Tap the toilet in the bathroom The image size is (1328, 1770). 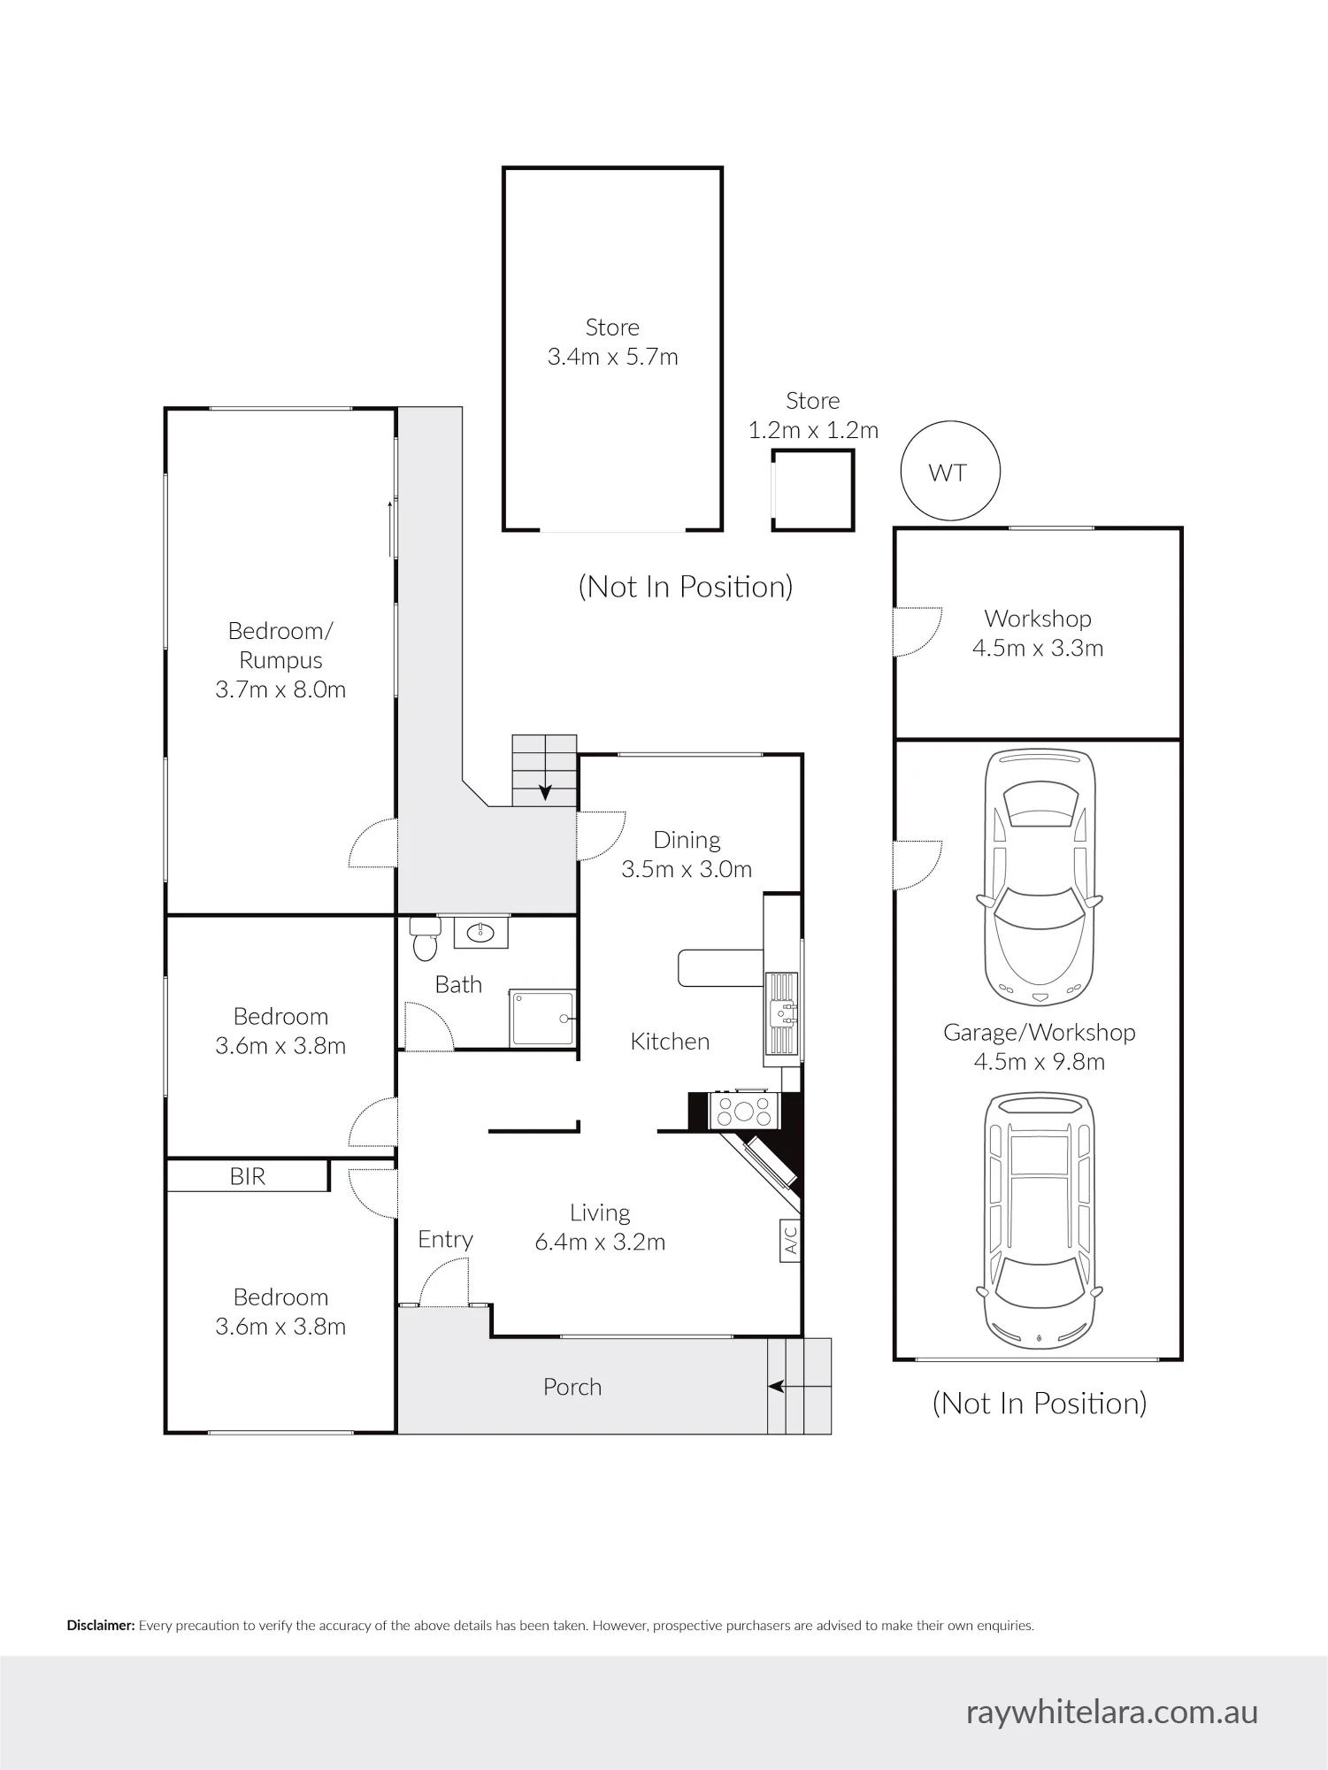(425, 938)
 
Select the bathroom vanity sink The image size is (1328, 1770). (481, 932)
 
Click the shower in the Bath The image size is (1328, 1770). (542, 1018)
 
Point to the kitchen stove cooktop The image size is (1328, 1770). (744, 1110)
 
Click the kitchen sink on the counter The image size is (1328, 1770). (783, 1013)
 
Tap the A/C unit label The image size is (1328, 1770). (790, 1240)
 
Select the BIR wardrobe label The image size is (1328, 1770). (248, 1176)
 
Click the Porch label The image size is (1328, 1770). (572, 1387)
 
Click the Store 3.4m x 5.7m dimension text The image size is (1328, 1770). (613, 357)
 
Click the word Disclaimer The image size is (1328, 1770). (101, 1626)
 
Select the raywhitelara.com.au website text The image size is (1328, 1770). (1112, 1712)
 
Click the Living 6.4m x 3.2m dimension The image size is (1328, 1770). (600, 1242)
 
